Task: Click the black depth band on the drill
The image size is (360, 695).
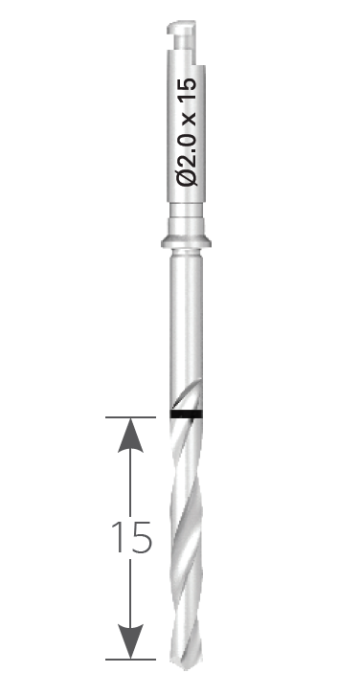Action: pyautogui.click(x=186, y=414)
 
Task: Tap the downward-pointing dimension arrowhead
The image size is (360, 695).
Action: pyautogui.click(x=130, y=641)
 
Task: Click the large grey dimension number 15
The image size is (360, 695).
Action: pyautogui.click(x=132, y=537)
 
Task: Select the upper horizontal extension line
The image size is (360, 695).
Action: pyautogui.click(x=130, y=417)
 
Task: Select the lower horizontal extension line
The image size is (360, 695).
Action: pyautogui.click(x=130, y=660)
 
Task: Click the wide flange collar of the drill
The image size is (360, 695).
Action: pyautogui.click(x=186, y=242)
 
